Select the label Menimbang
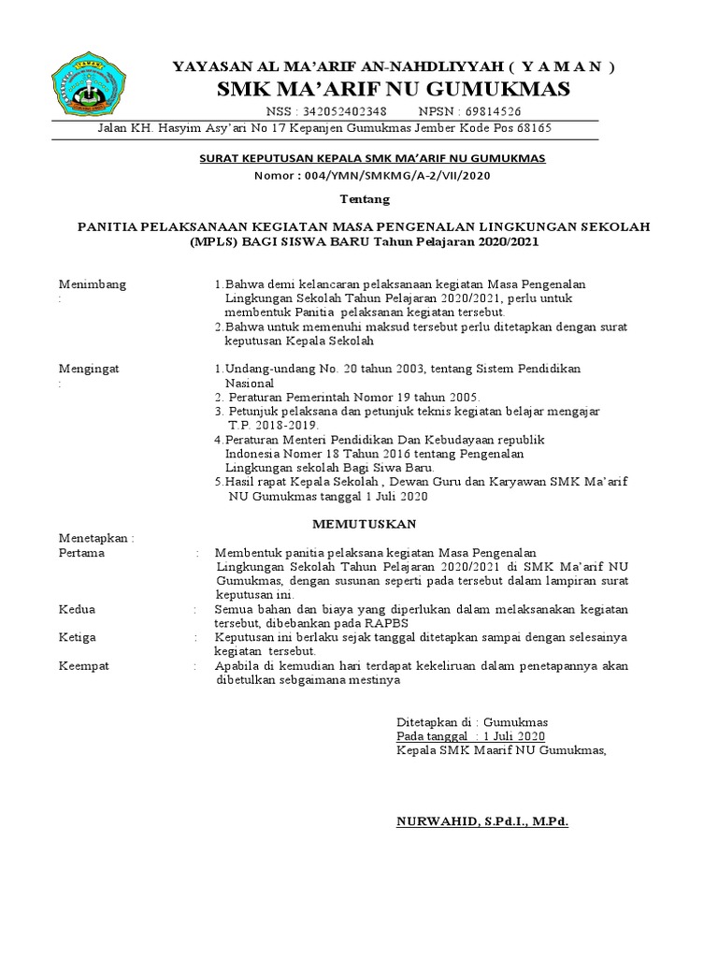point(93,284)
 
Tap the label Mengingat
point(89,369)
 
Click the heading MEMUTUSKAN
point(365,522)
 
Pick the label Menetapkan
point(95,538)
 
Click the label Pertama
point(82,553)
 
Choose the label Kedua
point(78,609)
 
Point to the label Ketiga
point(79,637)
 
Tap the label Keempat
point(84,665)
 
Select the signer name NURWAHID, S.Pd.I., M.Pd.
point(482,820)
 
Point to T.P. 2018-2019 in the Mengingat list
point(267,425)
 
